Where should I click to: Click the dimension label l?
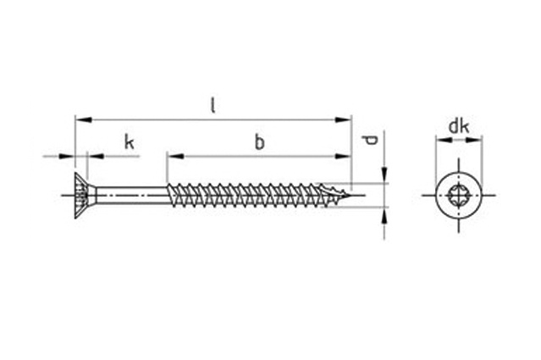(213, 106)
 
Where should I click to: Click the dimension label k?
(129, 142)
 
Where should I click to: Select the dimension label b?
(259, 142)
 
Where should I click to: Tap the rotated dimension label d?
(371, 140)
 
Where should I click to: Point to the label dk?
(459, 127)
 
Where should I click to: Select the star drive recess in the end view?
(459, 196)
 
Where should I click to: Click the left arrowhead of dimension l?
(84, 119)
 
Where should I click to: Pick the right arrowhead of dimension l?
(343, 119)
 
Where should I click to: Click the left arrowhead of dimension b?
(175, 157)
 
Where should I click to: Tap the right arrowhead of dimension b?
(343, 157)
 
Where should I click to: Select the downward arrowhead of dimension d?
(384, 175)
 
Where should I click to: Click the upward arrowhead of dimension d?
(384, 216)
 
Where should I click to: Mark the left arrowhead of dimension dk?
(444, 140)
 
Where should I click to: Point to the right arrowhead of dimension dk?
(473, 140)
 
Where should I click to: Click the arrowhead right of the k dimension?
(97, 157)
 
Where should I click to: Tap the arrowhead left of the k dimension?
(67, 157)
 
